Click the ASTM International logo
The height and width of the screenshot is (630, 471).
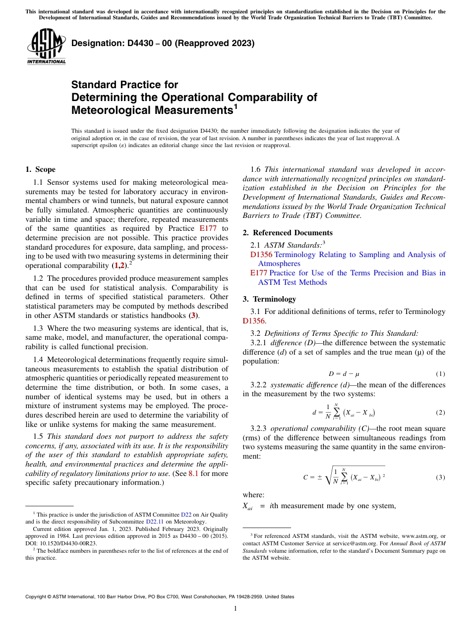click(x=46, y=47)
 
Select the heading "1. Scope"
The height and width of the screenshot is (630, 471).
click(x=40, y=169)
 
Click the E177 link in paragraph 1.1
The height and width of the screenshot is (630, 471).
click(x=207, y=228)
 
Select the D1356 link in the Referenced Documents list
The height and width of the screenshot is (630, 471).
click(x=261, y=255)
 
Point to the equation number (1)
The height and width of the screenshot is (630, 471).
click(x=440, y=374)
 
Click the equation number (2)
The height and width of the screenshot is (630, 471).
click(x=440, y=413)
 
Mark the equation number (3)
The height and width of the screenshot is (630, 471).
click(x=440, y=477)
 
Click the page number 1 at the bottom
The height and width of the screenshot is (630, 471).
click(x=235, y=609)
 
